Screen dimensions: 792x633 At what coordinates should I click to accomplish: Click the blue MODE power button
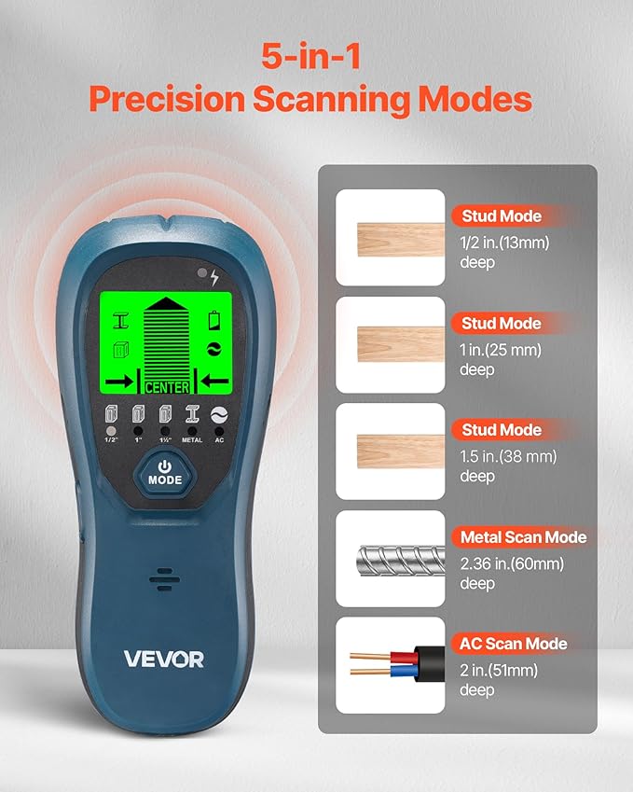tap(164, 471)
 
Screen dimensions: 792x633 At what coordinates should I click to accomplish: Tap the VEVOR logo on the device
tap(164, 658)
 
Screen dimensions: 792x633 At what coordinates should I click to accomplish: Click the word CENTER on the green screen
tap(167, 386)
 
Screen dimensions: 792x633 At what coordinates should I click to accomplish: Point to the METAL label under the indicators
tap(192, 439)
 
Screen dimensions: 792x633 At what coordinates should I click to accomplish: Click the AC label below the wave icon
tap(220, 439)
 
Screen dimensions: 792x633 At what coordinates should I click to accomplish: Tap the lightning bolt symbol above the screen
tap(215, 277)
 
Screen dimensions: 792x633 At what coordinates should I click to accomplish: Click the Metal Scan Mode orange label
tap(523, 537)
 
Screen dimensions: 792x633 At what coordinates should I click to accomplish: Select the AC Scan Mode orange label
tap(513, 644)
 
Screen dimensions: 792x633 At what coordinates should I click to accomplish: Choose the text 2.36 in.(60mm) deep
tap(511, 573)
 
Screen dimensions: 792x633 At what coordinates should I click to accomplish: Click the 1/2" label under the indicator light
tap(111, 439)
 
